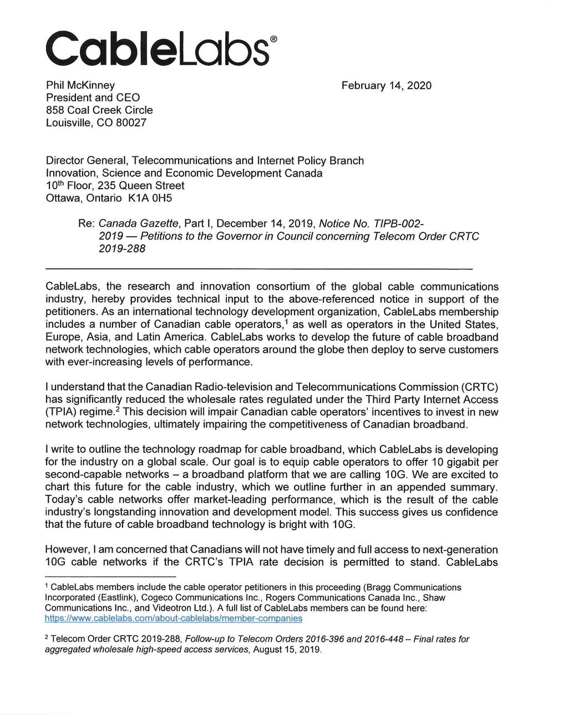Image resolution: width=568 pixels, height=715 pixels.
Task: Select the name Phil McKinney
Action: (x=80, y=85)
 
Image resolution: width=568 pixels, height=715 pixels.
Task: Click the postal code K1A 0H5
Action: (x=150, y=198)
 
